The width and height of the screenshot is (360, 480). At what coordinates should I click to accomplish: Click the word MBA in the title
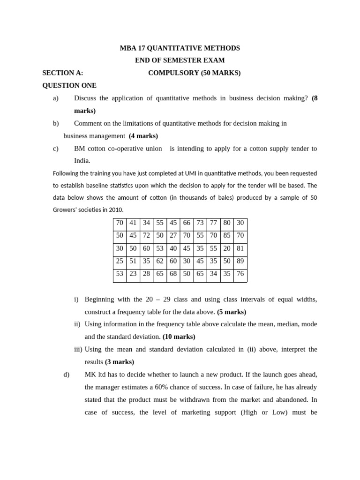tap(128, 48)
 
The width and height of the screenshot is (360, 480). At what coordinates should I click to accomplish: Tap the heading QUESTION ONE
tap(69, 85)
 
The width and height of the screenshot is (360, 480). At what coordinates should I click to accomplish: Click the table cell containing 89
tap(240, 261)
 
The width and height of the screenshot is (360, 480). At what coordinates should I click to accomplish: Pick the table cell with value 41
tap(133, 223)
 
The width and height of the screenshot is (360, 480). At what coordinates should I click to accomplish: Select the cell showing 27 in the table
tap(173, 235)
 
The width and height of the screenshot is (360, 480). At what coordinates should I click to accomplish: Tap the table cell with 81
tap(240, 248)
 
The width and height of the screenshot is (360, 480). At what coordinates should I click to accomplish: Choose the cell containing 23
tap(133, 274)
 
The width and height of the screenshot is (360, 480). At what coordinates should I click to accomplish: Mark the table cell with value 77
tap(213, 223)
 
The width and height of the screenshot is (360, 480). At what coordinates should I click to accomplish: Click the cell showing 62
tap(160, 261)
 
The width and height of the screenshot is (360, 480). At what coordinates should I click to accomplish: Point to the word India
tap(82, 161)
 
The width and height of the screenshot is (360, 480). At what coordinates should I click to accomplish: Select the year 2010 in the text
tap(116, 210)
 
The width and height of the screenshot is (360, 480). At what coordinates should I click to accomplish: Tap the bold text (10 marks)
tap(179, 337)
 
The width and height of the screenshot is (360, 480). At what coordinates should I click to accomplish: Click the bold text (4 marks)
tap(143, 136)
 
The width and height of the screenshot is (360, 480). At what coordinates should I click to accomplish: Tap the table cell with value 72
tap(146, 235)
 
